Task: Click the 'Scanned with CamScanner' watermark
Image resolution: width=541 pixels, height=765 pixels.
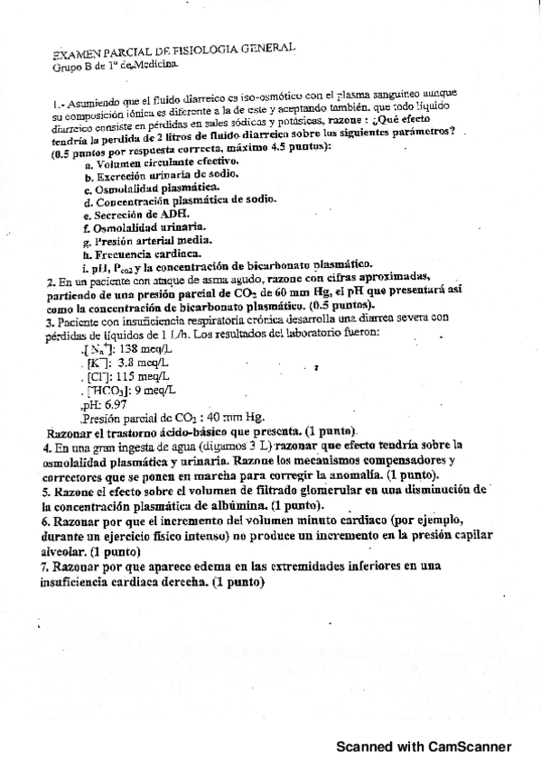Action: click(424, 747)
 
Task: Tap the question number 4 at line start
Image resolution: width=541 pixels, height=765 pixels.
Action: click(46, 447)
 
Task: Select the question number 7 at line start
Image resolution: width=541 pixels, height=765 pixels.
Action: click(46, 566)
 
